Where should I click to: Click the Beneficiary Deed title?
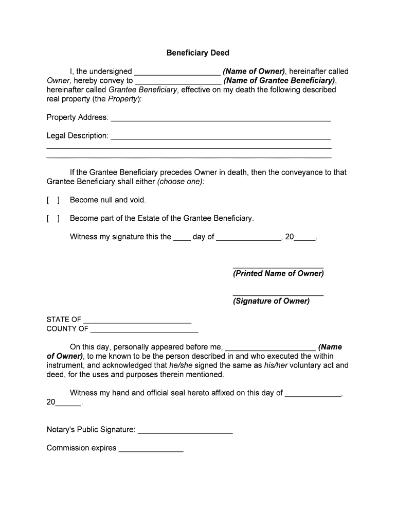click(197, 53)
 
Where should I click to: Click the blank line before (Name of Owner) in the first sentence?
click(177, 73)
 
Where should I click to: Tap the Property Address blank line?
click(221, 119)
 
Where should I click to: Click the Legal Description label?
click(77, 136)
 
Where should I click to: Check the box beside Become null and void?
click(53, 200)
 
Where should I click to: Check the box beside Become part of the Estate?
click(53, 218)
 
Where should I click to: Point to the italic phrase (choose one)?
click(181, 182)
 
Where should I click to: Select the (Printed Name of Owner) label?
click(278, 274)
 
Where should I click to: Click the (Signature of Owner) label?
click(271, 301)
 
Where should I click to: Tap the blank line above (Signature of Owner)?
click(278, 294)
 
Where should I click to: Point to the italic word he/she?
click(181, 365)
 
